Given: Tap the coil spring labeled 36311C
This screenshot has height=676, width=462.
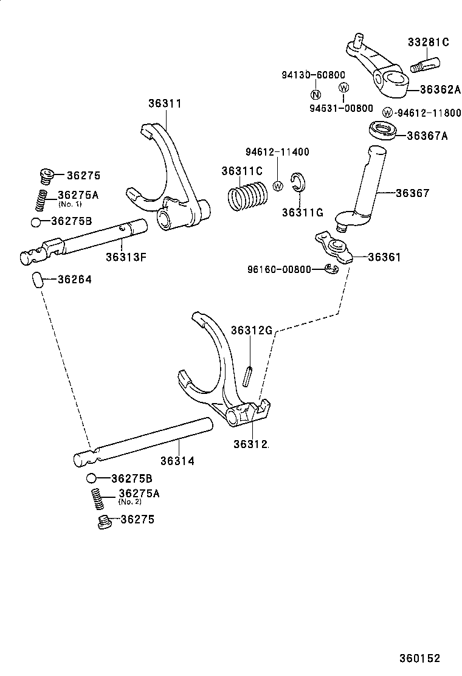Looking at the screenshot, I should (247, 198).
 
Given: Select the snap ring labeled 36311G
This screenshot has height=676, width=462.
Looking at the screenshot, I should (298, 182).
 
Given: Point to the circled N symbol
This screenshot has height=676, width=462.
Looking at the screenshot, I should (315, 94).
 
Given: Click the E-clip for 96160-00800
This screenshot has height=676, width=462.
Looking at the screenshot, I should (330, 269).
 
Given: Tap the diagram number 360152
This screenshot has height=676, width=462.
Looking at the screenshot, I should (419, 658).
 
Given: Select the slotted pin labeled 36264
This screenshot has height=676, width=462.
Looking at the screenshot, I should (36, 280).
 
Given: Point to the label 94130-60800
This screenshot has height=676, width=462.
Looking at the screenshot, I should (313, 74).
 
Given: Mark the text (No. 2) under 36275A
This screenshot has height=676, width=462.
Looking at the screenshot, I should (129, 502).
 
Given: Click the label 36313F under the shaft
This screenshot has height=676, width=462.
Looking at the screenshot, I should (126, 256).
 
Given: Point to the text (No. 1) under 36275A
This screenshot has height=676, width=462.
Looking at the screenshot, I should (70, 204).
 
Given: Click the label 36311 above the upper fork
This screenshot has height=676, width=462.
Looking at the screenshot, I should (165, 103).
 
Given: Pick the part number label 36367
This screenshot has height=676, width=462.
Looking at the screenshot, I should (412, 193).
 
